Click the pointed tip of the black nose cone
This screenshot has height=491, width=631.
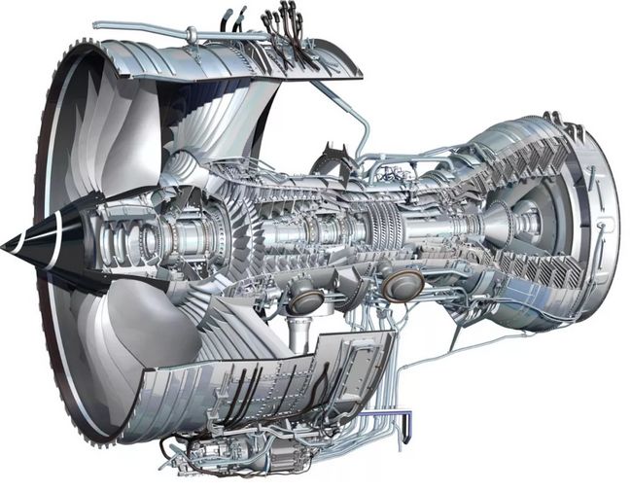(x=5, y=244)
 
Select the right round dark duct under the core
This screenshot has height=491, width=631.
(x=403, y=284)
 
